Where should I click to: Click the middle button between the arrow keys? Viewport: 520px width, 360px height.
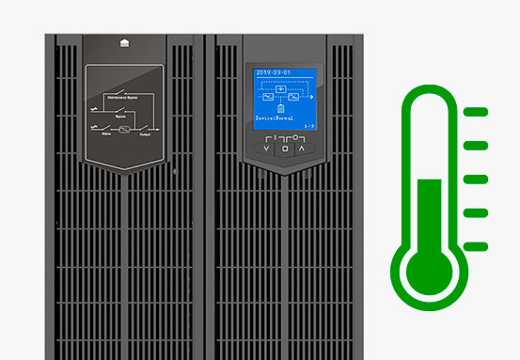tap(283, 148)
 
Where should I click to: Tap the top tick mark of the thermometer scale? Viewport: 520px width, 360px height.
tap(477, 112)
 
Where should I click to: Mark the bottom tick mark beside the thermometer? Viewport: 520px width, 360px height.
tap(477, 246)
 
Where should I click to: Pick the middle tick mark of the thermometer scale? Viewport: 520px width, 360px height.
tap(477, 179)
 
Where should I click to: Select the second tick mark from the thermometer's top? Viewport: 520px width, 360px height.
tap(477, 145)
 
